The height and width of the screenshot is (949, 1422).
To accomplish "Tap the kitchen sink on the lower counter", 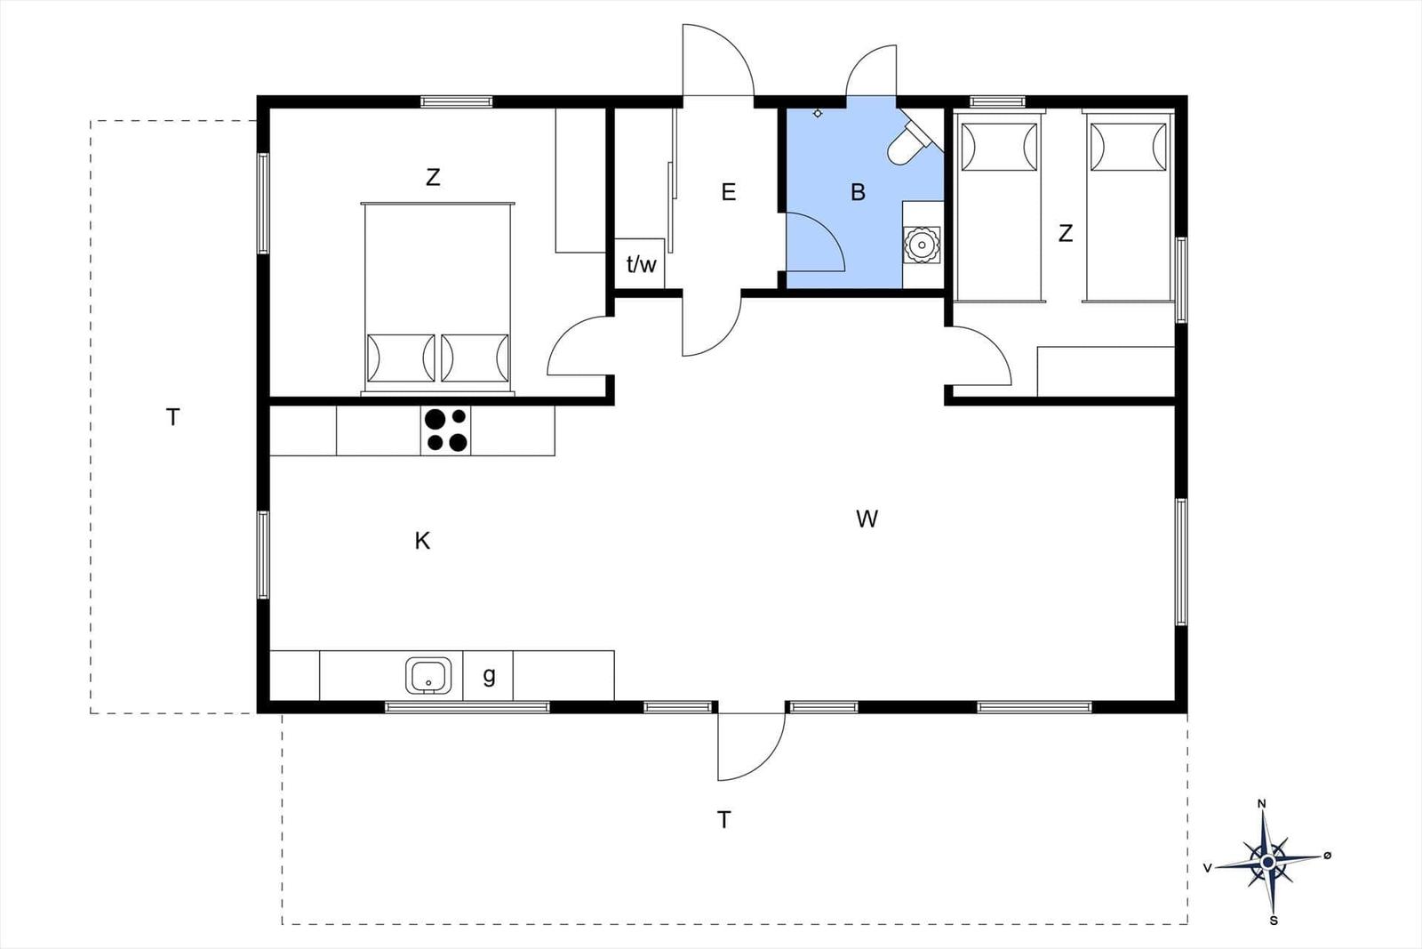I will pos(428,676).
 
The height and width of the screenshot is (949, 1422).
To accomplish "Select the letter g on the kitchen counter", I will pos(489,676).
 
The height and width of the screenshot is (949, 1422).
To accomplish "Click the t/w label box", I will pos(640,263).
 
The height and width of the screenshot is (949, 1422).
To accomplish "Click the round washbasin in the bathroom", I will pos(922,243).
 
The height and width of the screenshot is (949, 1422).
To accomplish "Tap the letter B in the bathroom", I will pos(858,192).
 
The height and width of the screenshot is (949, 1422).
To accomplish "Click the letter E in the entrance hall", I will pos(729,192).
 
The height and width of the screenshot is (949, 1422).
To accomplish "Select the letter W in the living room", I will pos(867,519).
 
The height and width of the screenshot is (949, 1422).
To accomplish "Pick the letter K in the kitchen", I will pos(422,541).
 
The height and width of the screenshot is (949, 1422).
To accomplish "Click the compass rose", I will pos(1267,861).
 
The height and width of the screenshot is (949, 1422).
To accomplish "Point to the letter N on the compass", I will pos(1261,804).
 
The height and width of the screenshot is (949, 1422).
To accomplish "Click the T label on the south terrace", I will pos(724,820).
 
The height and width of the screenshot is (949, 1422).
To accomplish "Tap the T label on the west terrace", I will pos(173,416).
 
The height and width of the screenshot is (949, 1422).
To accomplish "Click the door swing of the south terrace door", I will pos(751,747).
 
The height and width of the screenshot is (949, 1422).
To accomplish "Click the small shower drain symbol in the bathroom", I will pos(818,113).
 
